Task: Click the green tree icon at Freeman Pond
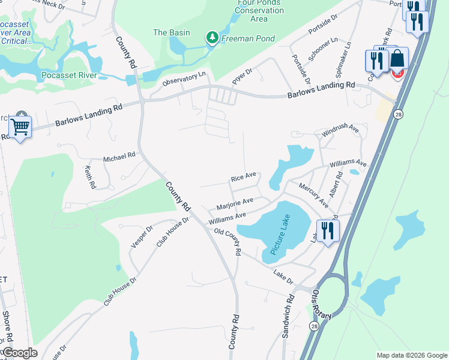point(212,38)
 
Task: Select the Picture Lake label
point(280,235)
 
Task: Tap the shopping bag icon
point(397,59)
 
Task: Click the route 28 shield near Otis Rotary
point(314,325)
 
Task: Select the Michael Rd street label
point(119,158)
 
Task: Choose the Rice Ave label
point(244,177)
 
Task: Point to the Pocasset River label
point(70,76)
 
